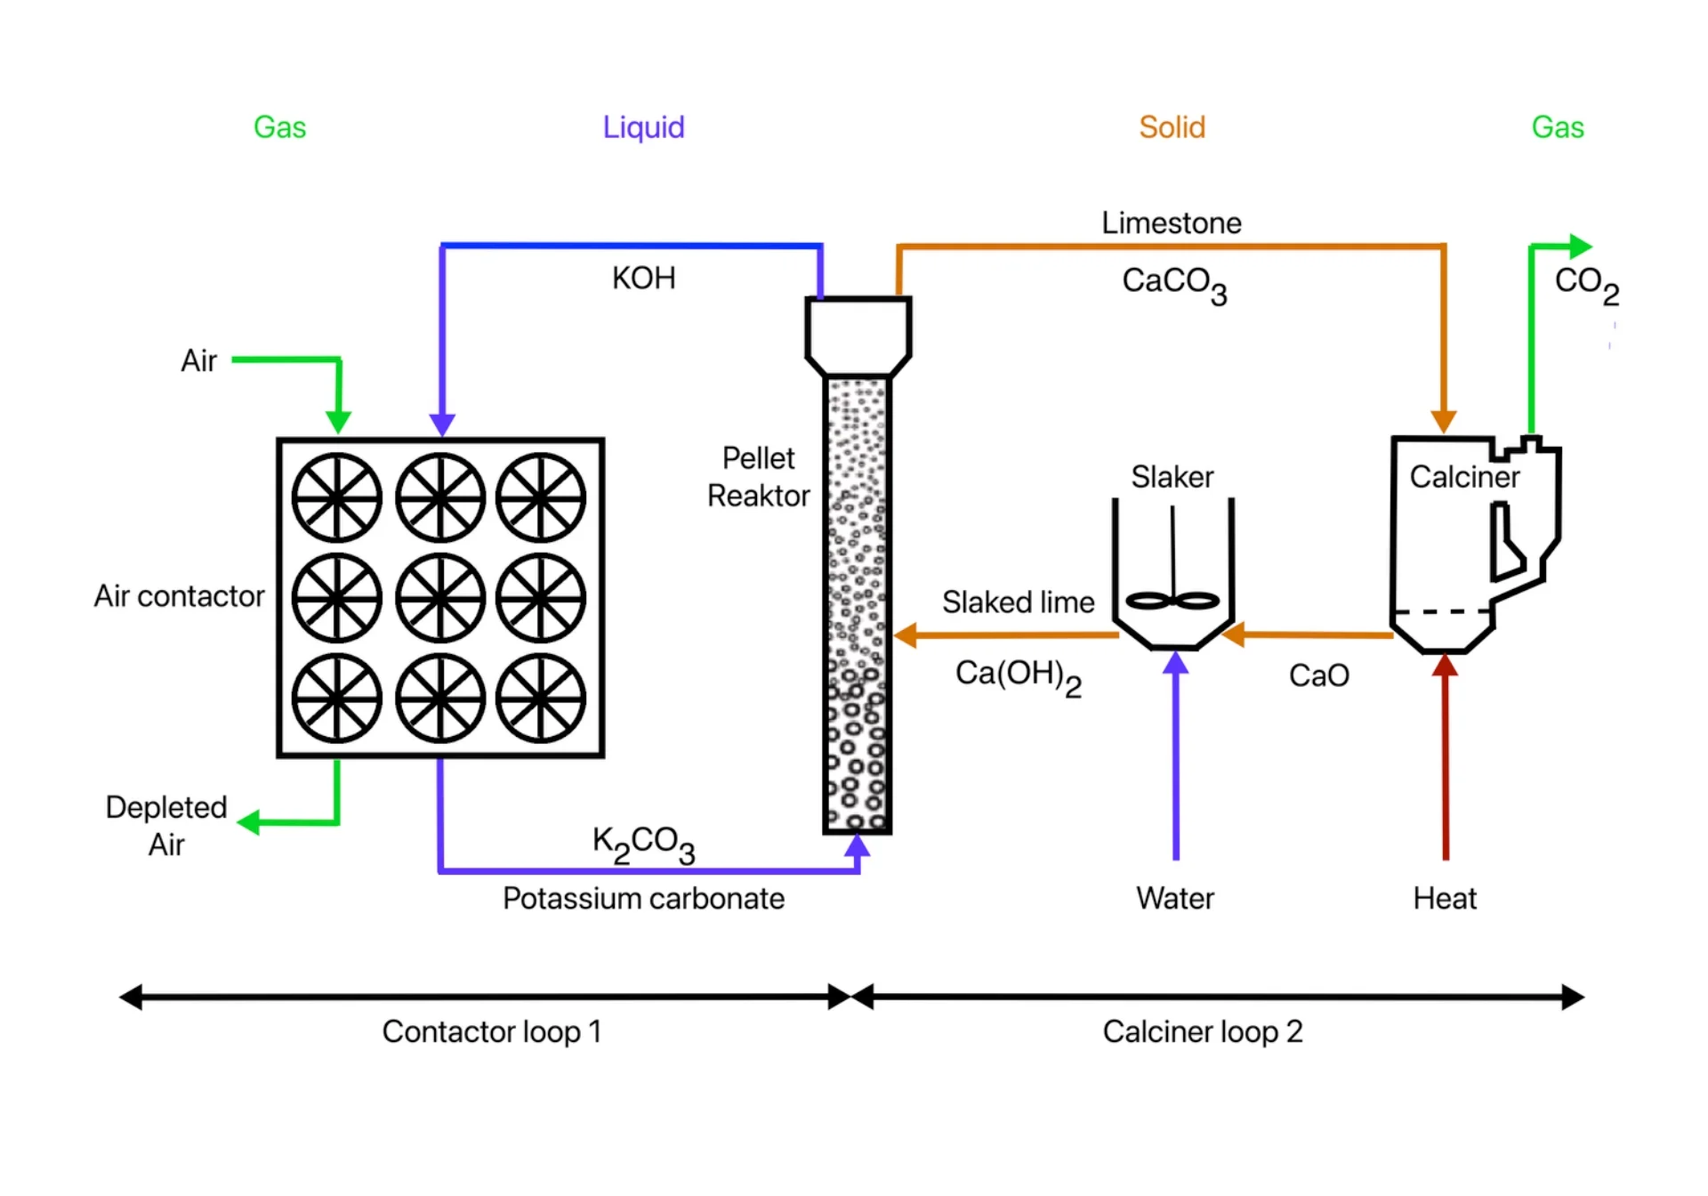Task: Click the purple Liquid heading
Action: [643, 127]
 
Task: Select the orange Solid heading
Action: [1172, 127]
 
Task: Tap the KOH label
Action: [643, 279]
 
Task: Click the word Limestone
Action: [1171, 222]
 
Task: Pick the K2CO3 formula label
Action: [643, 842]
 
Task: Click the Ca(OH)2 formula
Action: [1018, 676]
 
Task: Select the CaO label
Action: [1318, 675]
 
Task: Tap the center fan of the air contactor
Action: [439, 598]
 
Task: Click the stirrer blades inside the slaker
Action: [1172, 601]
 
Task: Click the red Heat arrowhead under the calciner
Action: [1445, 666]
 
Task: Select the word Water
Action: [1174, 898]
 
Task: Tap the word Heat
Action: [1445, 898]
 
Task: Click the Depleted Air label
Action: [166, 825]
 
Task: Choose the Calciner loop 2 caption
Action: [1202, 1031]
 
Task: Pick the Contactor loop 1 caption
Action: [492, 1031]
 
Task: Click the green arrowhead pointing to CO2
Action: [1581, 246]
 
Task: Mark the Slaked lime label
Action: [1018, 602]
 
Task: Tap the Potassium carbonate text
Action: [643, 898]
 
